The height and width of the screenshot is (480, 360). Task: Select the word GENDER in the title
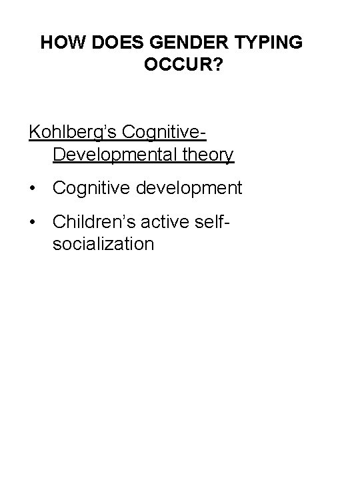177,43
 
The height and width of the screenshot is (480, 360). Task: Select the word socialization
103,243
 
